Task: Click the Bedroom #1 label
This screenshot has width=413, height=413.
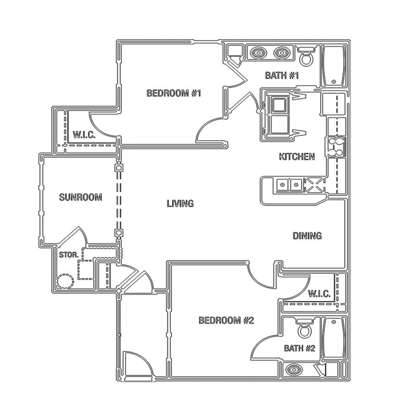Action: pyautogui.click(x=174, y=93)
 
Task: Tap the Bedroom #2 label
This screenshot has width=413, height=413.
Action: pyautogui.click(x=226, y=321)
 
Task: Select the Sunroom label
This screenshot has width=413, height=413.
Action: pyautogui.click(x=80, y=198)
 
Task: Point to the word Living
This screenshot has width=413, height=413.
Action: pyautogui.click(x=180, y=204)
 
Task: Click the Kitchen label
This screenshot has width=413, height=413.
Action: pyautogui.click(x=297, y=157)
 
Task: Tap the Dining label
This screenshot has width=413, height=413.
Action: pyautogui.click(x=307, y=236)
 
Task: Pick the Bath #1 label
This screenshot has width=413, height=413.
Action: pyautogui.click(x=282, y=75)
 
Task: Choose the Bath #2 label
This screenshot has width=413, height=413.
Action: pyautogui.click(x=299, y=348)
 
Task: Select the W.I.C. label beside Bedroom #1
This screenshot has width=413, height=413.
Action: pyautogui.click(x=84, y=135)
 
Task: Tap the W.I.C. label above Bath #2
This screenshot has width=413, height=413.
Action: pyautogui.click(x=320, y=294)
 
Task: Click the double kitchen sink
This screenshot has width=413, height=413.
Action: pyautogui.click(x=289, y=185)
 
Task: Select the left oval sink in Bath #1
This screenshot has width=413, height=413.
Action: pyautogui.click(x=259, y=52)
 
